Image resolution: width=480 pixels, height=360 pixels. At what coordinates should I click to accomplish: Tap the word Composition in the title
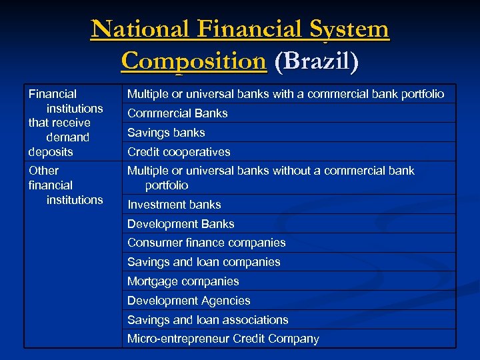(193, 61)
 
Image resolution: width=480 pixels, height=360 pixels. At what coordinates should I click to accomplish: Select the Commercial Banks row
(177, 113)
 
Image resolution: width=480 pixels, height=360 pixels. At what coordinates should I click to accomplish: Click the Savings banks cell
(166, 133)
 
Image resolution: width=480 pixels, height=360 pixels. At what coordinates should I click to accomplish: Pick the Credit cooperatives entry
(179, 152)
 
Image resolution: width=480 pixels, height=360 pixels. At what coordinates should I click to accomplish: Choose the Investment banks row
(174, 205)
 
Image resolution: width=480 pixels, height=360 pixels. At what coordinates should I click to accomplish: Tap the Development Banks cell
(181, 224)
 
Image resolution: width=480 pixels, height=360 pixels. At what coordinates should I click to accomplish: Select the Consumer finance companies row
(206, 243)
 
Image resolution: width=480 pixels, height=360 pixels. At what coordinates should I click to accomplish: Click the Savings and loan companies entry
(203, 262)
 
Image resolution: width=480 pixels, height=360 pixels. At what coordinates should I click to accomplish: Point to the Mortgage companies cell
(183, 281)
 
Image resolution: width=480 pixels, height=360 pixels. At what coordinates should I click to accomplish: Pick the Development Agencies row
(189, 301)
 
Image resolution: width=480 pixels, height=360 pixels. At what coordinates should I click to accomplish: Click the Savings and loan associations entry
(207, 320)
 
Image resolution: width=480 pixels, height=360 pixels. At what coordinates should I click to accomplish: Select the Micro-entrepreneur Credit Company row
(223, 339)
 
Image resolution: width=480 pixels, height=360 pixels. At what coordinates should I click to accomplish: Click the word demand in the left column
(67, 137)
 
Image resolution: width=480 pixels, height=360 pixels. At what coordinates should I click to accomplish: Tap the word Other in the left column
(43, 171)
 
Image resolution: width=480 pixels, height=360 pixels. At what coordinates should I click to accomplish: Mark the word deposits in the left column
(51, 152)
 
